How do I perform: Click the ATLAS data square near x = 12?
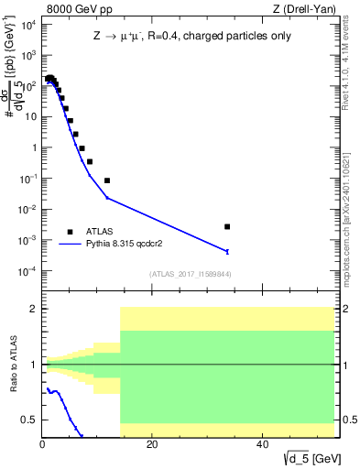pos(107,180)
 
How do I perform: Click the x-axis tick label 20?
pos(152,444)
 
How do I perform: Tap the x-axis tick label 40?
pos(262,444)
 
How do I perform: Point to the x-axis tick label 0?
pos(43,444)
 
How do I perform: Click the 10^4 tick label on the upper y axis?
pos(27,24)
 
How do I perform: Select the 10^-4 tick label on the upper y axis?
pos(27,271)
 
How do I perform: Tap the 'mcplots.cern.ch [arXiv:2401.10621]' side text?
pos(352,206)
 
